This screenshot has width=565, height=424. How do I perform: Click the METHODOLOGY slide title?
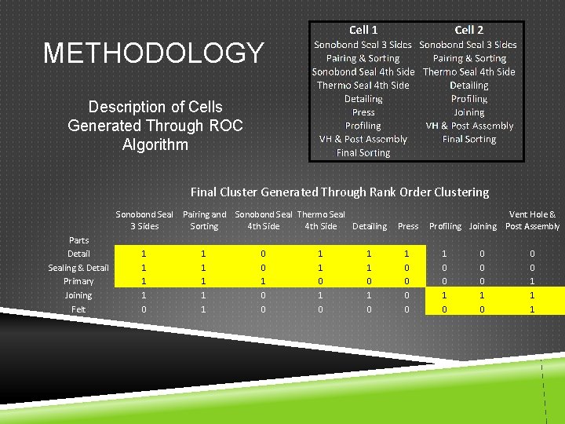154,53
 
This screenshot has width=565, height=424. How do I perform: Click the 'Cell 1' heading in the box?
363,30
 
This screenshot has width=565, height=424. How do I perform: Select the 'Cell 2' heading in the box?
468,30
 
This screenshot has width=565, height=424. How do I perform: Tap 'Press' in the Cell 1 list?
363,112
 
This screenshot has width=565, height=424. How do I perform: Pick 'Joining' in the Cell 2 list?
468,112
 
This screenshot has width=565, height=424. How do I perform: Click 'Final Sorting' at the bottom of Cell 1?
363,152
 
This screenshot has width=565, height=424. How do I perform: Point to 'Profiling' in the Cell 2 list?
468,99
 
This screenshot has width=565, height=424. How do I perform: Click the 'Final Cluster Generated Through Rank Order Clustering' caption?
339,192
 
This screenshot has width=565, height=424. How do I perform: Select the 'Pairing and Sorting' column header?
204,220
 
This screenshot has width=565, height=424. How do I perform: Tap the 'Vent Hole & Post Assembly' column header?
532,220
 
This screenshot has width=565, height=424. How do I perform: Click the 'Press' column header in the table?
408,226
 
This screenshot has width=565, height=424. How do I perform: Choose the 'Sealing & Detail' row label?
78,268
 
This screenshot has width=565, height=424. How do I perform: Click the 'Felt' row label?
78,309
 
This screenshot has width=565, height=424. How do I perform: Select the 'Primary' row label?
78,281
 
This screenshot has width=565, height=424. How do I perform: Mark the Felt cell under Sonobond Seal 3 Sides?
142,309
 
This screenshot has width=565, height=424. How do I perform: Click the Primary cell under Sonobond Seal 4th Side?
263,281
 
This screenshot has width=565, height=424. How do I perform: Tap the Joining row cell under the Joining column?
483,295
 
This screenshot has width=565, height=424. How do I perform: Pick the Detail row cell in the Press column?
406,254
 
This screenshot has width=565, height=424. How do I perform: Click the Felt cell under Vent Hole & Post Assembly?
532,309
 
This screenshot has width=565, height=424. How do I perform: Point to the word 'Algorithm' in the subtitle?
155,144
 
